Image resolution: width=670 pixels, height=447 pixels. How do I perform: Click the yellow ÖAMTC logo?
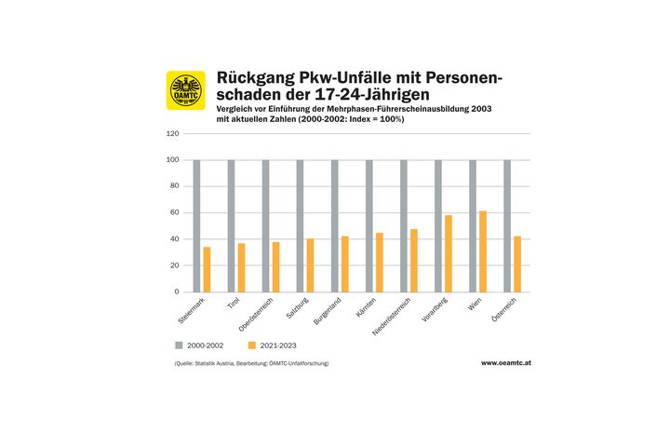186,90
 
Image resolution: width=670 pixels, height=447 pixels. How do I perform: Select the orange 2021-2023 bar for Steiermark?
207,269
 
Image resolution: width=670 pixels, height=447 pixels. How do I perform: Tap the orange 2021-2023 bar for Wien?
482,251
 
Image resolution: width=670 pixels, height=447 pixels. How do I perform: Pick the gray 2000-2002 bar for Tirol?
231,225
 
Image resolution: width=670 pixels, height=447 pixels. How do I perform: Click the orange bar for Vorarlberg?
448,253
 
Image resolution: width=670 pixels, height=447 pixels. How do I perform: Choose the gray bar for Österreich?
507,225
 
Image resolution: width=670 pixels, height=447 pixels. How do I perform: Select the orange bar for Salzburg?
310,265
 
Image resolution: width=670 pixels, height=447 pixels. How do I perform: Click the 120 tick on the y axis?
172,133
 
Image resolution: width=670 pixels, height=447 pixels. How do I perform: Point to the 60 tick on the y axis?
174,212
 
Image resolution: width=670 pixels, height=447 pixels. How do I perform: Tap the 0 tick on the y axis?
176,291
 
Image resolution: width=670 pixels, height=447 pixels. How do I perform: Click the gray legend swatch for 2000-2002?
179,345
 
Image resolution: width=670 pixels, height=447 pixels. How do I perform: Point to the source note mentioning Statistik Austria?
251,362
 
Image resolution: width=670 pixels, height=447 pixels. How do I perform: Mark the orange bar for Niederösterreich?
413,261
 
